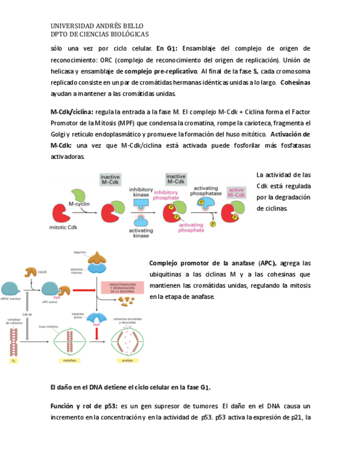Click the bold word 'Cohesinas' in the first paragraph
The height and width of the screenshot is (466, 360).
295,83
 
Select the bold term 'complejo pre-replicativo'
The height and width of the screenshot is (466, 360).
160,71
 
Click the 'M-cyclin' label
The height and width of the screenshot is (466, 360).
79,204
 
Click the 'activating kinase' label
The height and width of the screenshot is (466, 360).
141,232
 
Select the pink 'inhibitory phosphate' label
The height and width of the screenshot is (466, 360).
165,195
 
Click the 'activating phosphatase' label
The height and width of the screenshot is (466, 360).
206,191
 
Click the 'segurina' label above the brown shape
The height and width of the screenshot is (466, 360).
80,252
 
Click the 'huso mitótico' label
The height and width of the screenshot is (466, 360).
48,326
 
